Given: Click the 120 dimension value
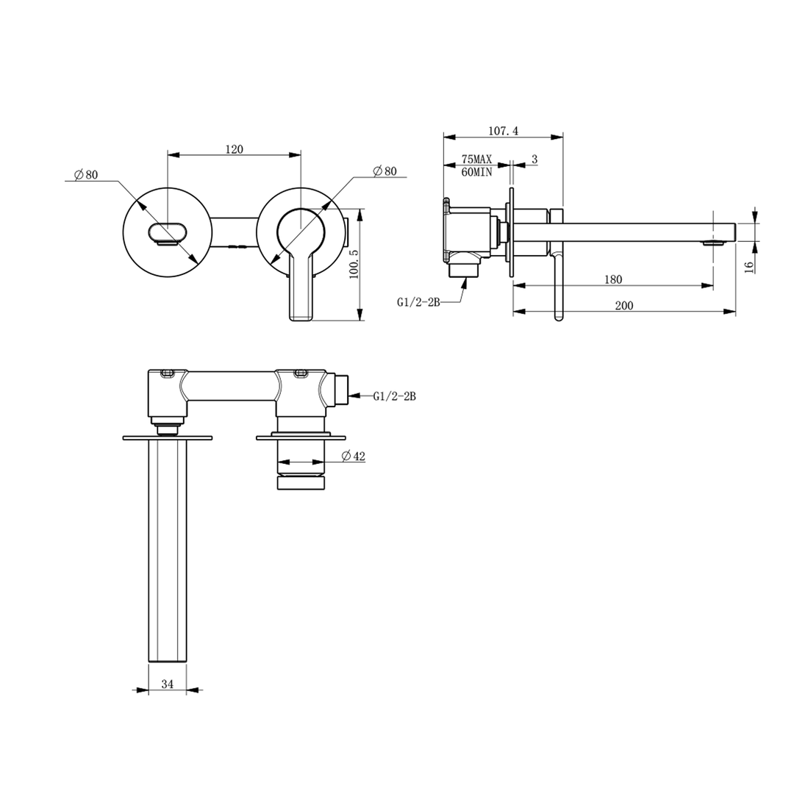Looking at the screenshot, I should tap(234, 149).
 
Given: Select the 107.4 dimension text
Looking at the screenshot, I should tap(504, 131).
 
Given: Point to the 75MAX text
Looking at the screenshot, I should tap(476, 160).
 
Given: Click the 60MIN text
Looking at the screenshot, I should tap(476, 171).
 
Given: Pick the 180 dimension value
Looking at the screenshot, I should tap(612, 279).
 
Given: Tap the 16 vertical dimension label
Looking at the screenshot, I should tap(748, 265).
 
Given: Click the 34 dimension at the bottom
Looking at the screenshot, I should tap(167, 684).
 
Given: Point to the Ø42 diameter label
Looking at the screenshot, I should tap(354, 457).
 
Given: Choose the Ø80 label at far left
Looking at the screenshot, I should tap(86, 175).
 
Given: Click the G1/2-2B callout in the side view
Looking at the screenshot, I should tap(418, 301).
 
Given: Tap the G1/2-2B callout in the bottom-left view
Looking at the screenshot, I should tap(394, 396).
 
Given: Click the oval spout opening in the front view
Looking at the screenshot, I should tap(166, 232).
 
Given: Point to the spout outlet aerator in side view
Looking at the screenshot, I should tap(712, 242).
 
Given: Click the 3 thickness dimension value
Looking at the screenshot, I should tap(534, 160).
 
